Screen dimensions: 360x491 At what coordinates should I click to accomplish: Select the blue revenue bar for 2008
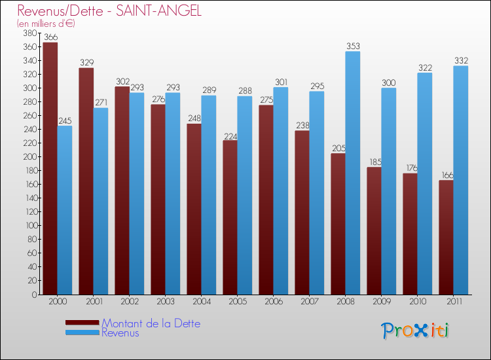(x=353, y=173)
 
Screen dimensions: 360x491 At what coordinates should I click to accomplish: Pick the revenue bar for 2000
(x=65, y=210)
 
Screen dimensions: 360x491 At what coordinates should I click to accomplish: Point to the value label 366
(x=50, y=37)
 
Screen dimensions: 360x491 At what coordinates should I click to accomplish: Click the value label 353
(x=353, y=46)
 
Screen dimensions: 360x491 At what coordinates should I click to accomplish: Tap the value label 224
(x=230, y=135)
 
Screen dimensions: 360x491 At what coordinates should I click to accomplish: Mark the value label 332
(x=461, y=60)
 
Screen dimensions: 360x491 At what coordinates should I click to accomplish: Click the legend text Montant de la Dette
(x=151, y=323)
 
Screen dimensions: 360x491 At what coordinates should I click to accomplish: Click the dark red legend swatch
(x=82, y=323)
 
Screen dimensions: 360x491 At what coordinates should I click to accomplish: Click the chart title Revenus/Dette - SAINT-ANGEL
(x=109, y=11)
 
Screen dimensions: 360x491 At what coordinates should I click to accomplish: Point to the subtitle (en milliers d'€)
(x=46, y=24)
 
